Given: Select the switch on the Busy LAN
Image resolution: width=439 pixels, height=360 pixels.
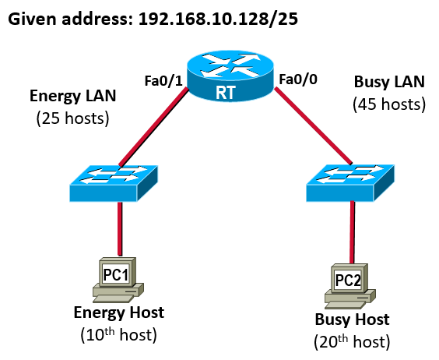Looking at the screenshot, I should click(353, 184).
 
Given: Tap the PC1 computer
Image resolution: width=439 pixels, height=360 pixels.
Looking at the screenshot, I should click(118, 279).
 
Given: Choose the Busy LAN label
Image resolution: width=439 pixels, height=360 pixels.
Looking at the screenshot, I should click(388, 81).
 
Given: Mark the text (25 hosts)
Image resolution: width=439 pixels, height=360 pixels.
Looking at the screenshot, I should click(72, 118).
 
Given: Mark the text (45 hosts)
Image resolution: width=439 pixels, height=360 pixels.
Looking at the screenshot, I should click(388, 104).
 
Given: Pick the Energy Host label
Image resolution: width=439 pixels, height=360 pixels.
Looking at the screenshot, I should click(118, 312).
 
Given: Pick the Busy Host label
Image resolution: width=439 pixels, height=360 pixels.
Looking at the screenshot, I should click(352, 319).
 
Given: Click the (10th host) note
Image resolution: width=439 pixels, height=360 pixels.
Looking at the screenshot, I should click(118, 334).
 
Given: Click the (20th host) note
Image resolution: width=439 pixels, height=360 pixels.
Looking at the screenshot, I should click(352, 341).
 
